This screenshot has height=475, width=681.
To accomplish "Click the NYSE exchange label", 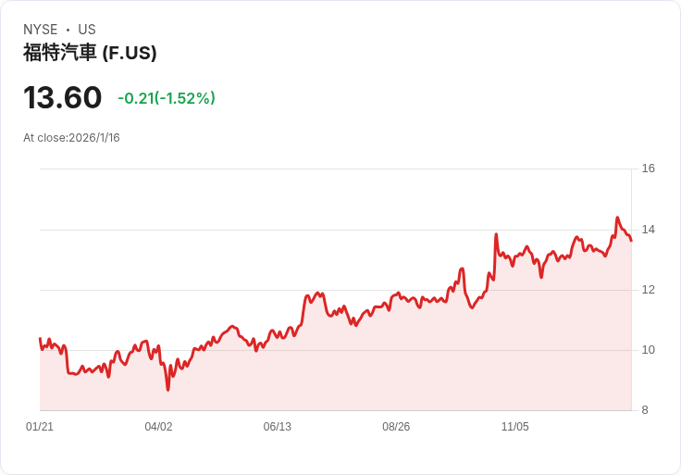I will pyautogui.click(x=41, y=30).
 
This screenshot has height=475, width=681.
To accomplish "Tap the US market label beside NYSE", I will pyautogui.click(x=87, y=30).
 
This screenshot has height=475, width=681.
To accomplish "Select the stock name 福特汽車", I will pyautogui.click(x=59, y=53).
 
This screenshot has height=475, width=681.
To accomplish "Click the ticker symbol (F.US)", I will pyautogui.click(x=130, y=53).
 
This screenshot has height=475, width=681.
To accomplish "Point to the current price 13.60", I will pyautogui.click(x=62, y=98).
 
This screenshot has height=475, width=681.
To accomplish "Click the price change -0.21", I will pyautogui.click(x=135, y=98).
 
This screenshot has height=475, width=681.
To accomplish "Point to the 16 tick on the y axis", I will pyautogui.click(x=648, y=169).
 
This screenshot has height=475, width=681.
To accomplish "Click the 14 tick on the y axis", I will pyautogui.click(x=648, y=230).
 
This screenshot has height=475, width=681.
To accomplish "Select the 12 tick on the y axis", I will pyautogui.click(x=648, y=290).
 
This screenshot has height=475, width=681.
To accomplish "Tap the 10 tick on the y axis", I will pyautogui.click(x=648, y=350).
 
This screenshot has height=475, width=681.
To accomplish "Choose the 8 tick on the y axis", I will pyautogui.click(x=645, y=410).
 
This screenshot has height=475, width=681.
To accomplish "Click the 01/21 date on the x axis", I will pyautogui.click(x=40, y=427).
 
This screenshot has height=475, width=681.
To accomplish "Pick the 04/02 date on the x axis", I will pyautogui.click(x=158, y=427).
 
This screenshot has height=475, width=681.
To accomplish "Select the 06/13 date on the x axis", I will pyautogui.click(x=277, y=427).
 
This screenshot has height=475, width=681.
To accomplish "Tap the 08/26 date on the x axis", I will pyautogui.click(x=396, y=427).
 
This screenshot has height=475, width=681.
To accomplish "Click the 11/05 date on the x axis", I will pyautogui.click(x=514, y=427).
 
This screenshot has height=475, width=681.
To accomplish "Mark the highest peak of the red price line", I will pyautogui.click(x=617, y=219).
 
